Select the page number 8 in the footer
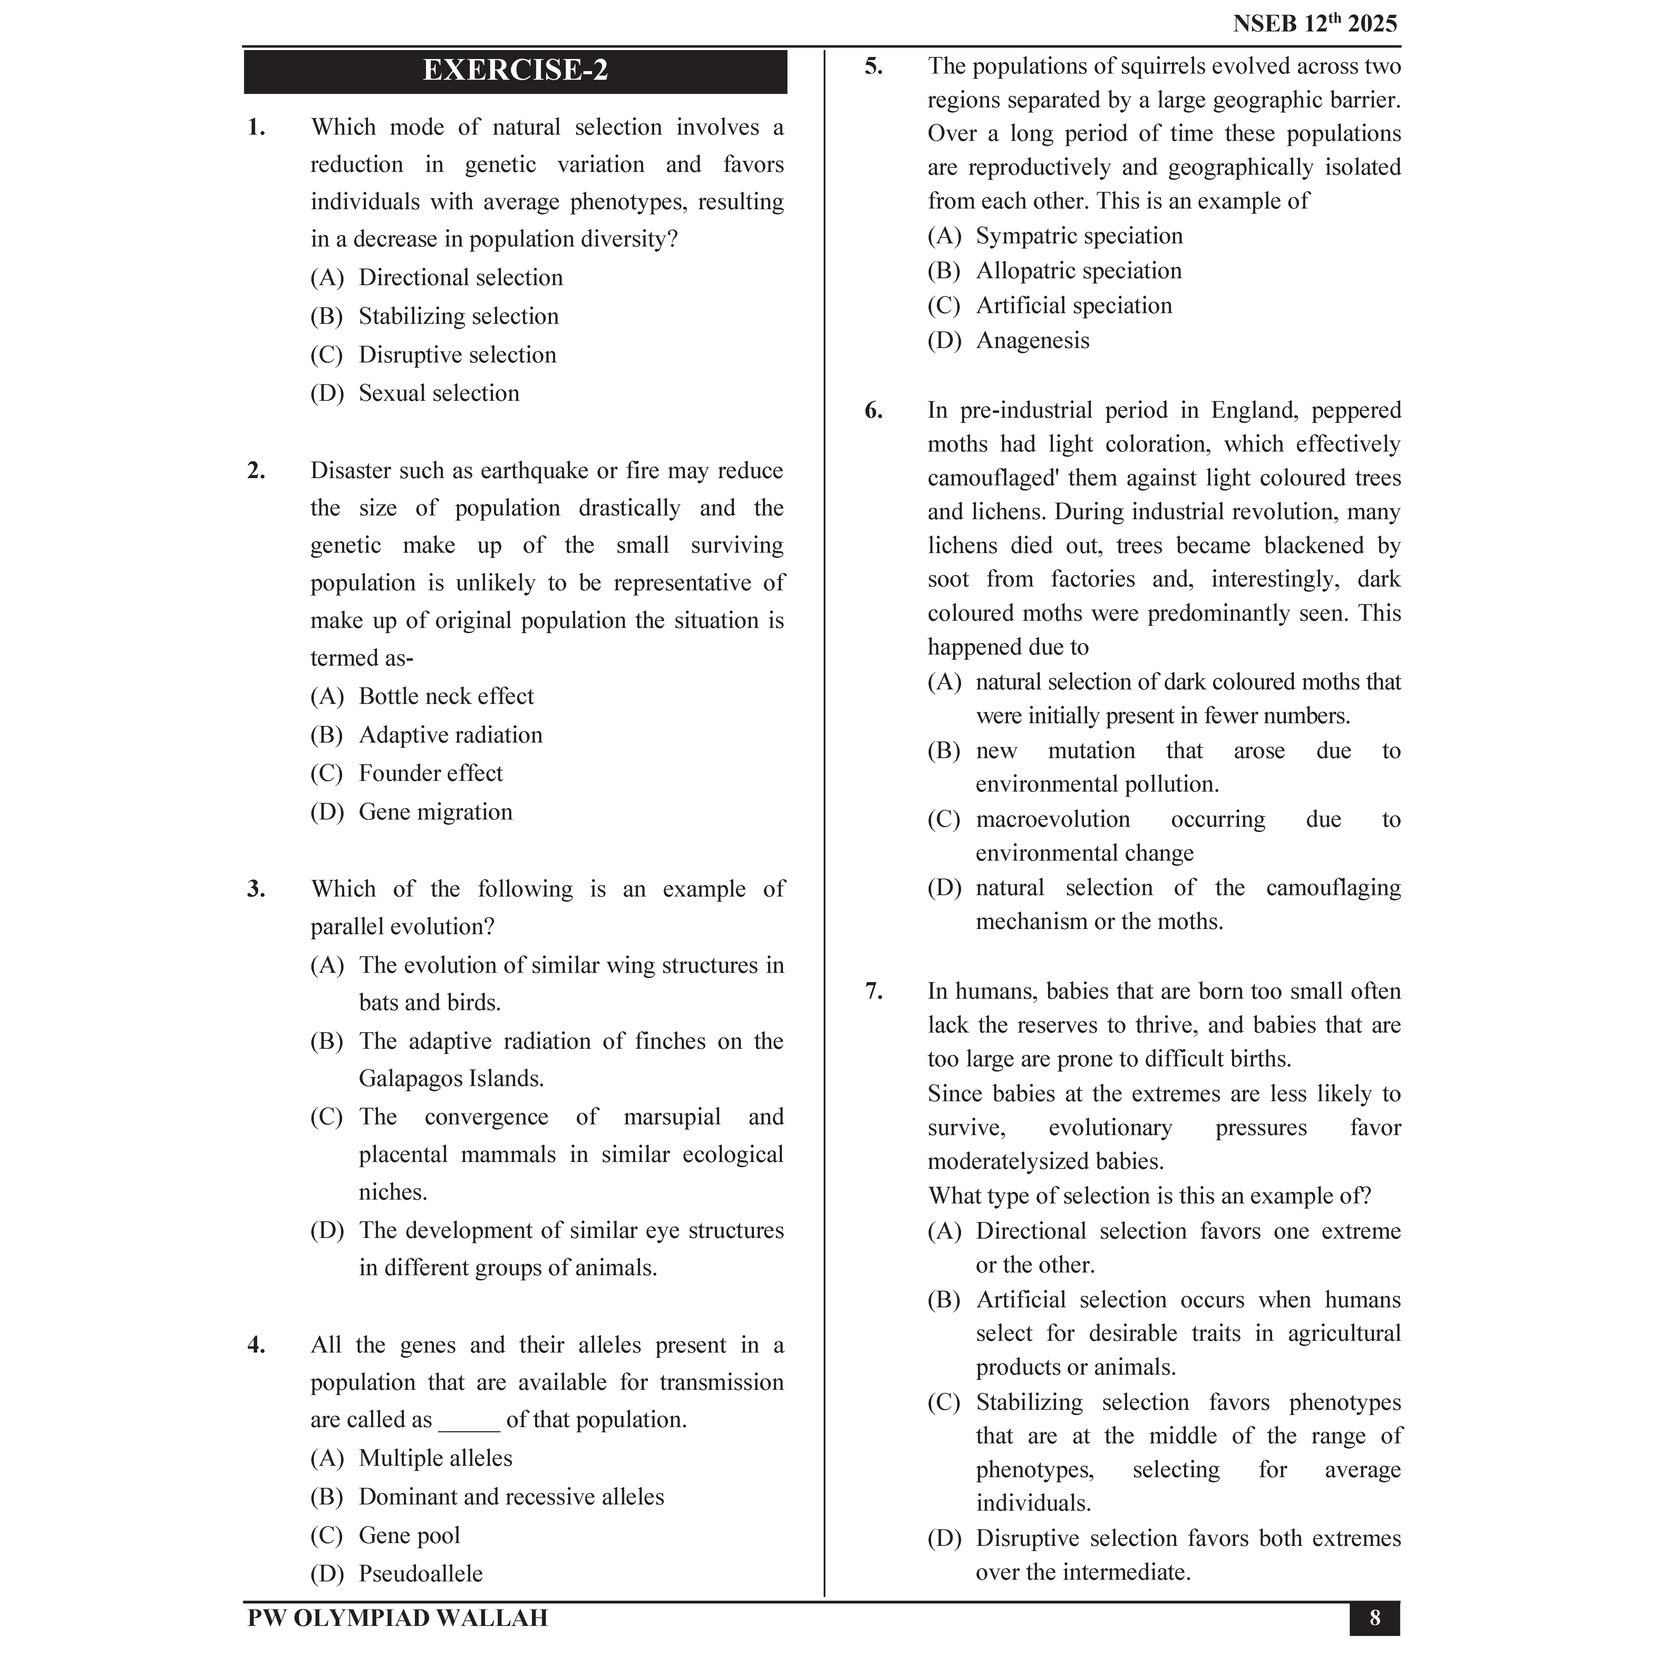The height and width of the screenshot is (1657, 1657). point(1375,1618)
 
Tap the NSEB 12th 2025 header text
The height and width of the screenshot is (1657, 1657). point(1315,24)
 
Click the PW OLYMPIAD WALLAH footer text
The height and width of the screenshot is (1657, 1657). point(397,1618)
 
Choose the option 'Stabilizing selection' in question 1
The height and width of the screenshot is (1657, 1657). point(458,316)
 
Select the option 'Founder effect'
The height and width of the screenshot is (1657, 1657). point(431,774)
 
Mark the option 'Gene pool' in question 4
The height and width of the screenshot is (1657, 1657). point(409,1535)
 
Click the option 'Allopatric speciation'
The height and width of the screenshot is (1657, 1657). point(1078,271)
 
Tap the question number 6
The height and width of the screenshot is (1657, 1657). point(873,411)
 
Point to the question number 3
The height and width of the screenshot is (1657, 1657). point(255,889)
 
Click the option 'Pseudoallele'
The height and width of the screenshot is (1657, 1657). point(420,1574)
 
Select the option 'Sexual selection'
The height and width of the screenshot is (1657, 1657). point(438,394)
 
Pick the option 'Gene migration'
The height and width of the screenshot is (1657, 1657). point(435,812)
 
